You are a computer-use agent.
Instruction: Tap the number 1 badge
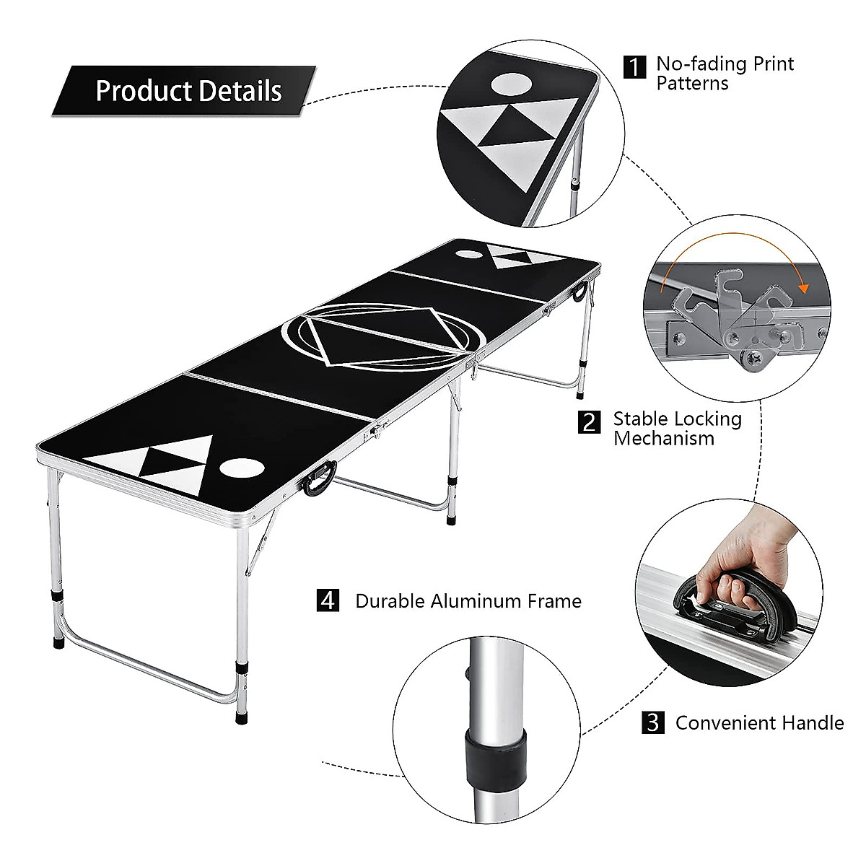coord(634,67)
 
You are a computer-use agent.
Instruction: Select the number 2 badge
coord(589,421)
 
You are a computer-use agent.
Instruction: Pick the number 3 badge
coord(652,722)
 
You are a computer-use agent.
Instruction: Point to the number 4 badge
coord(328,600)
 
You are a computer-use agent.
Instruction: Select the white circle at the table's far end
coord(470,253)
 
